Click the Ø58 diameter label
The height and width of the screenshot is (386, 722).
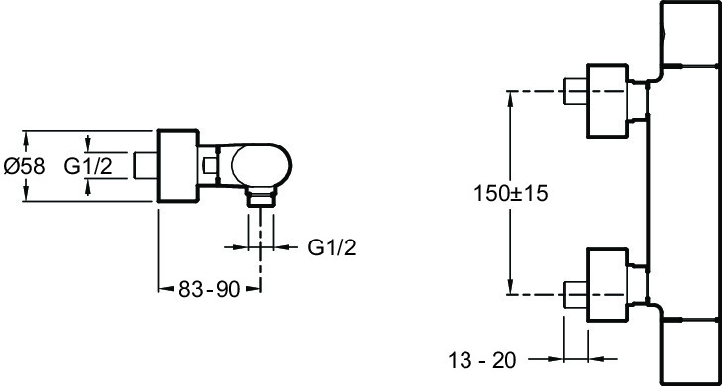coord(25,166)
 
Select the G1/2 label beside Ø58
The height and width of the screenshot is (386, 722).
coord(88,165)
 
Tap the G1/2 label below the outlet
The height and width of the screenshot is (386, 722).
coord(332,248)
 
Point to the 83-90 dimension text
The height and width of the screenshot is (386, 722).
coord(210,289)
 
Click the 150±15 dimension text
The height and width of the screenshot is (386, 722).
coord(511,194)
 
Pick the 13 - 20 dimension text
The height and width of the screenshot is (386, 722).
coord(482,360)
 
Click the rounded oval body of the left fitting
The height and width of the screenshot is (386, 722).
coord(261,165)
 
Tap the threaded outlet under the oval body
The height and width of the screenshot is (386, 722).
coord(260,197)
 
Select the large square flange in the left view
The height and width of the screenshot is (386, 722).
coord(178,165)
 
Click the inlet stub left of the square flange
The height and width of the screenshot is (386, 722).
coord(146,165)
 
